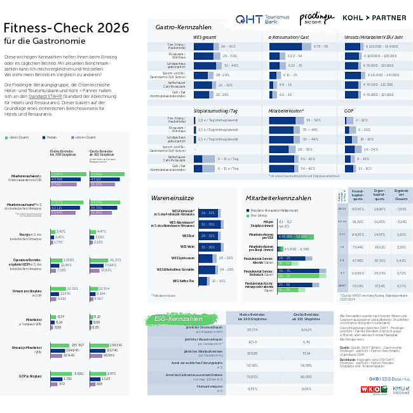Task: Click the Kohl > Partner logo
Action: (374, 18)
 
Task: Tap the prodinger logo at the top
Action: (316, 18)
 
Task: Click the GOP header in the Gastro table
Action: (349, 111)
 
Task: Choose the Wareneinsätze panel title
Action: (172, 198)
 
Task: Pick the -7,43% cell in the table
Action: (400, 208)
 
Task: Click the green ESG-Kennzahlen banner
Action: (177, 318)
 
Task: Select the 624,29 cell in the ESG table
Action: (306, 330)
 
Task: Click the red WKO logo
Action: (370, 389)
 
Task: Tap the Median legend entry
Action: (49, 137)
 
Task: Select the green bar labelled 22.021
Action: (58, 288)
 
